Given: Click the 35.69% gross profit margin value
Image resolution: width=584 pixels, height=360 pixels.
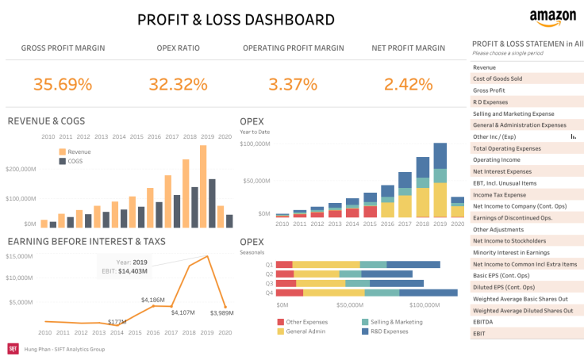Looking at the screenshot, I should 63,83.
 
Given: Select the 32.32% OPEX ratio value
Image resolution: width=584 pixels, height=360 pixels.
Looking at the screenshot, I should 178,83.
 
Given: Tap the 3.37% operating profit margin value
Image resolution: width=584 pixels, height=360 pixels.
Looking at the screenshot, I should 293,83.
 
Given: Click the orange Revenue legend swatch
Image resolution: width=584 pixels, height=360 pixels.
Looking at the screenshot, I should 61,151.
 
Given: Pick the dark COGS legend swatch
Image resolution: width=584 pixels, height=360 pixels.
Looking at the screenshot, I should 61,161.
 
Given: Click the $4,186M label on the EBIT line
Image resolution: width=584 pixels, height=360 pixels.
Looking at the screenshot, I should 152,300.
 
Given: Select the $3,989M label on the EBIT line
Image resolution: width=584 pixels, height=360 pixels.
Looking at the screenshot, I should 221,312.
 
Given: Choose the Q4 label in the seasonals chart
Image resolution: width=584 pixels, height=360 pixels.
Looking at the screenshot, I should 269,292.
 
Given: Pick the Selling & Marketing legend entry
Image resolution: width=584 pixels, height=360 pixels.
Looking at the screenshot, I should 398,322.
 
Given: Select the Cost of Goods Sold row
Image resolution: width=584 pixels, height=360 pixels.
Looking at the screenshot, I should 498,79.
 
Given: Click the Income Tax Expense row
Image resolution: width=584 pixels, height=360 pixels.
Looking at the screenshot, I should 499,194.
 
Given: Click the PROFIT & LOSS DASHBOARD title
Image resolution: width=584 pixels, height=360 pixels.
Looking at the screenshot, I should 236,20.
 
